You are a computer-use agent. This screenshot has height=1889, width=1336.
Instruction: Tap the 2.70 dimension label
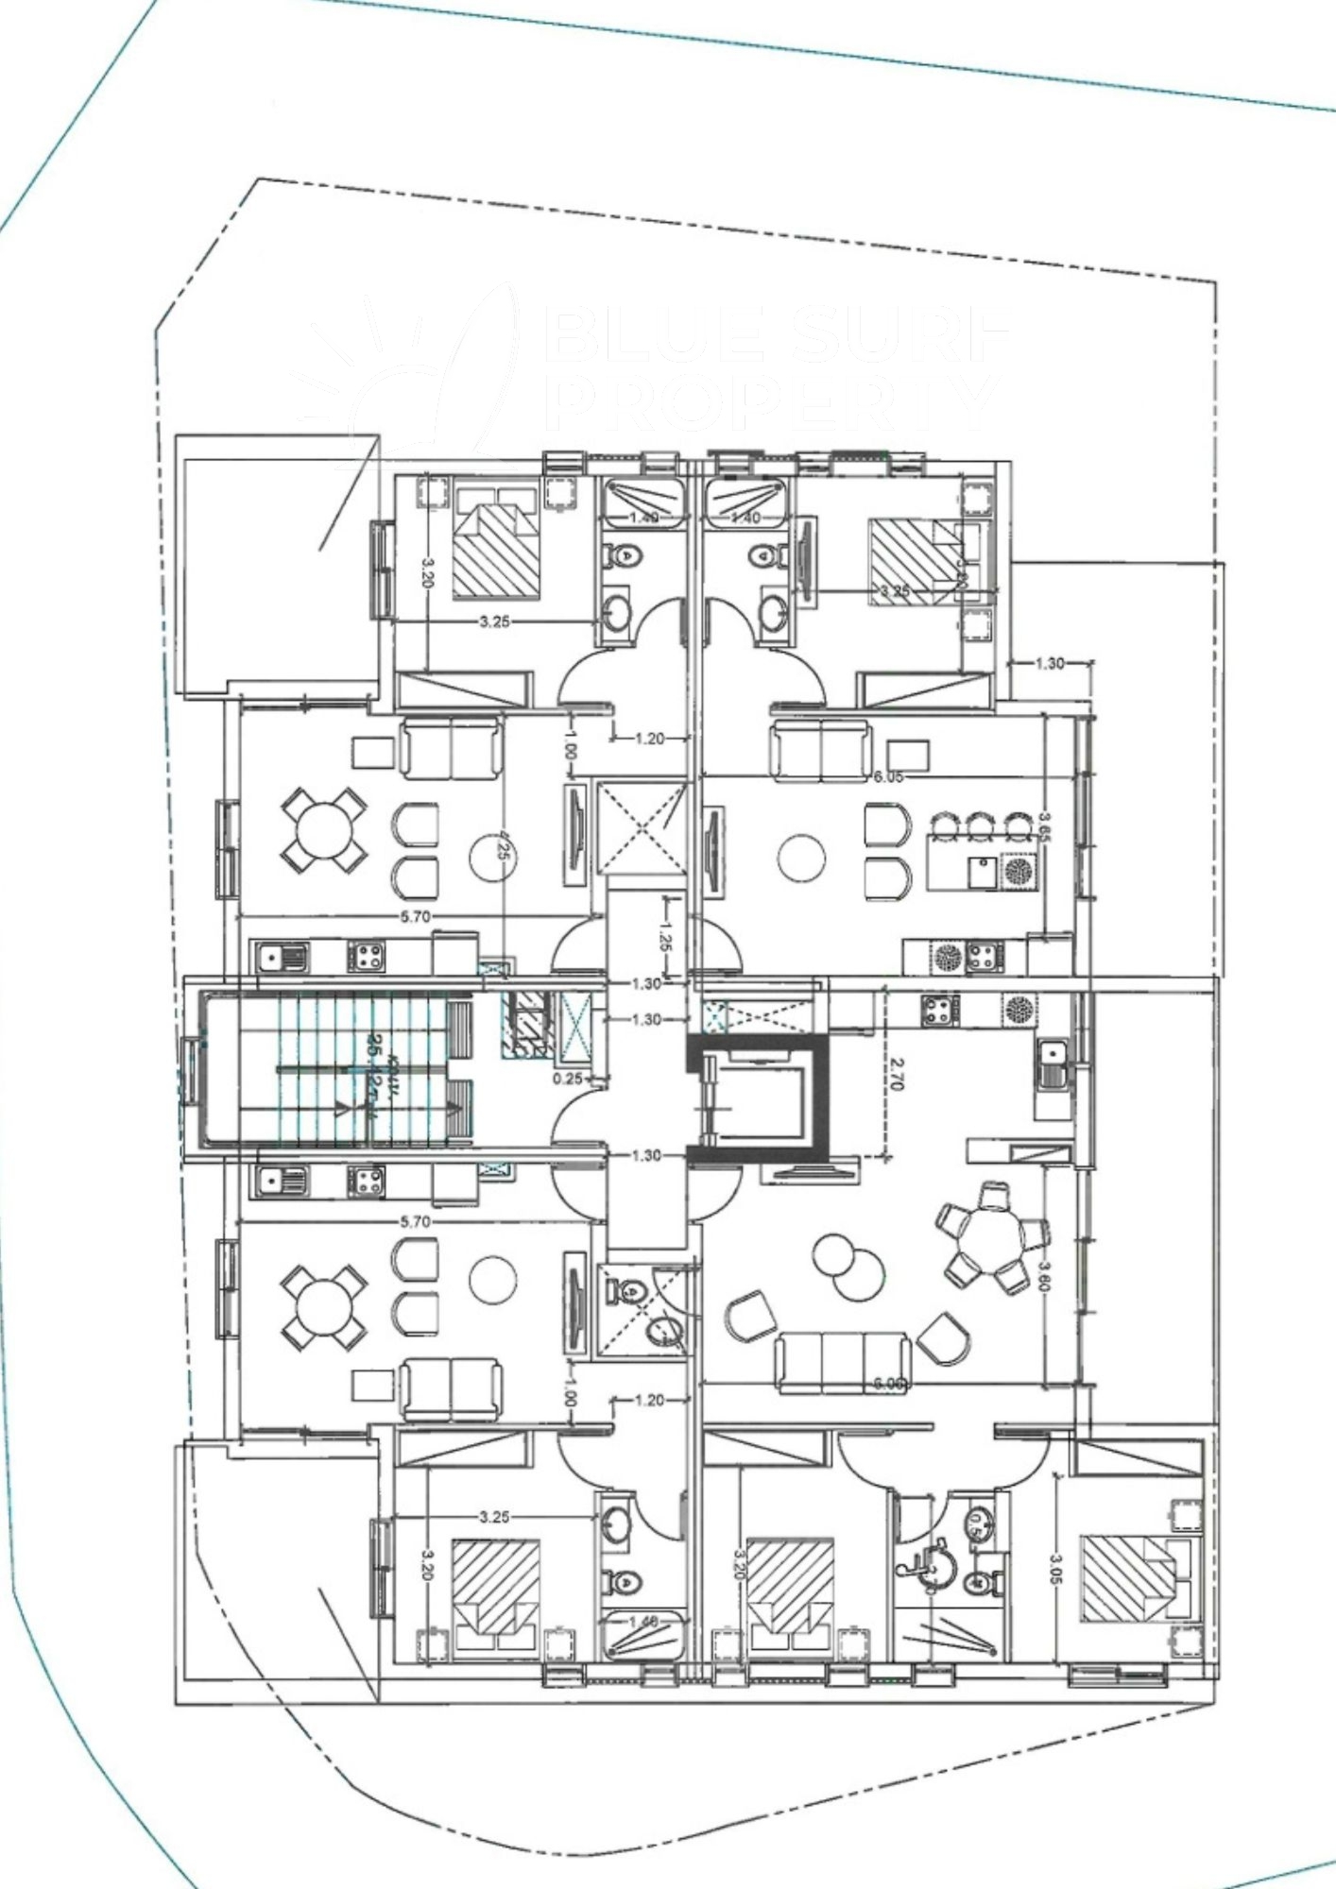(897, 1073)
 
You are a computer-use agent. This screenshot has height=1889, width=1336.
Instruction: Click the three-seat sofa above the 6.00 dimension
(842, 1361)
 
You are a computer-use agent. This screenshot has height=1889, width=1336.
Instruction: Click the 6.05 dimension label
(889, 776)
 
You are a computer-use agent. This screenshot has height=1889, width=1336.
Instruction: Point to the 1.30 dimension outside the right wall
(1050, 663)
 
